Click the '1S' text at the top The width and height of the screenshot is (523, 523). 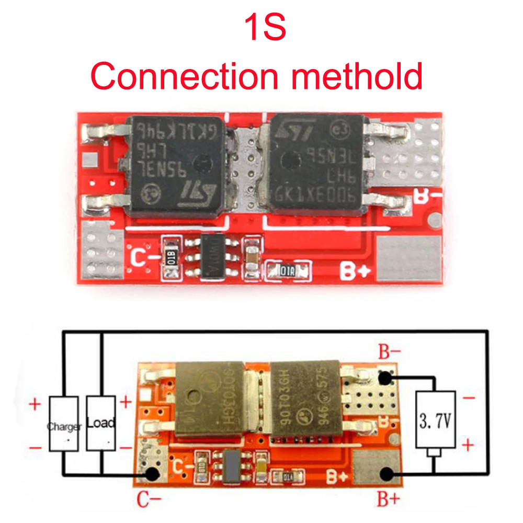pyautogui.click(x=266, y=29)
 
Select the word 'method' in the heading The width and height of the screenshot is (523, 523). pyautogui.click(x=356, y=76)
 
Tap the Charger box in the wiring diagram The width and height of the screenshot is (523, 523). pyautogui.click(x=64, y=424)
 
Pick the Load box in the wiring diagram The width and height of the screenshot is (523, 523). pyautogui.click(x=101, y=423)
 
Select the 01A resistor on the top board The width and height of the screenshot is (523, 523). pyautogui.click(x=286, y=270)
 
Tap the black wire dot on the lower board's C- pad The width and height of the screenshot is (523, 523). pyautogui.click(x=152, y=474)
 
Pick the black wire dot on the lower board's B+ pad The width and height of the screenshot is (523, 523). pyautogui.click(x=387, y=474)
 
